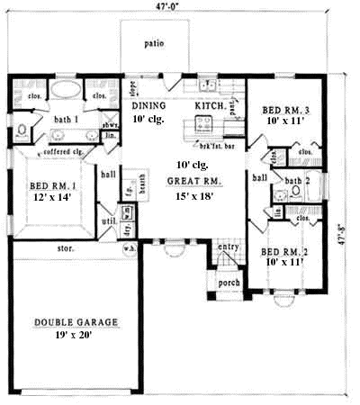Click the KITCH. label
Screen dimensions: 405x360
click(211, 106)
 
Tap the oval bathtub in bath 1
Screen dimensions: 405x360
click(65, 92)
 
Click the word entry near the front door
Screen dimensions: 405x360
click(229, 246)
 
